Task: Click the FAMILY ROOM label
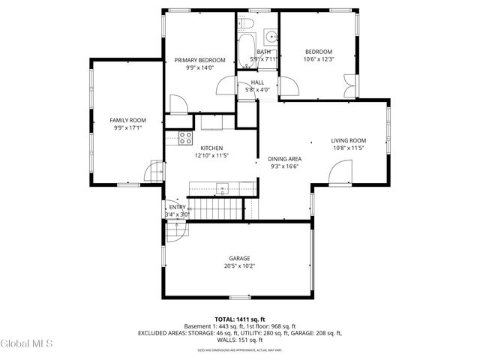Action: [x=127, y=120]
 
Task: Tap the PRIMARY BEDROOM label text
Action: [x=199, y=60]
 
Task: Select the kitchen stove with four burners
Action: [x=185, y=137]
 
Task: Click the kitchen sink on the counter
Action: [x=222, y=187]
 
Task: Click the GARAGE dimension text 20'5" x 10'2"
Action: [x=239, y=265]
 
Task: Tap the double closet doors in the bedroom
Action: [x=346, y=86]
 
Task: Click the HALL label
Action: [x=257, y=82]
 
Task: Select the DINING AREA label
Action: [x=285, y=159]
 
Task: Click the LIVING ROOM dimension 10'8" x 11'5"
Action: [x=348, y=148]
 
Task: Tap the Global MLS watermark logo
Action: [x=27, y=343]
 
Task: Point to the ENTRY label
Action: [x=177, y=207]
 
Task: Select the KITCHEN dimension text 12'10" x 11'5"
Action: [x=211, y=155]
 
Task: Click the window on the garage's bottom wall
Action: [x=240, y=298]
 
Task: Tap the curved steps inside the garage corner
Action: [x=173, y=236]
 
